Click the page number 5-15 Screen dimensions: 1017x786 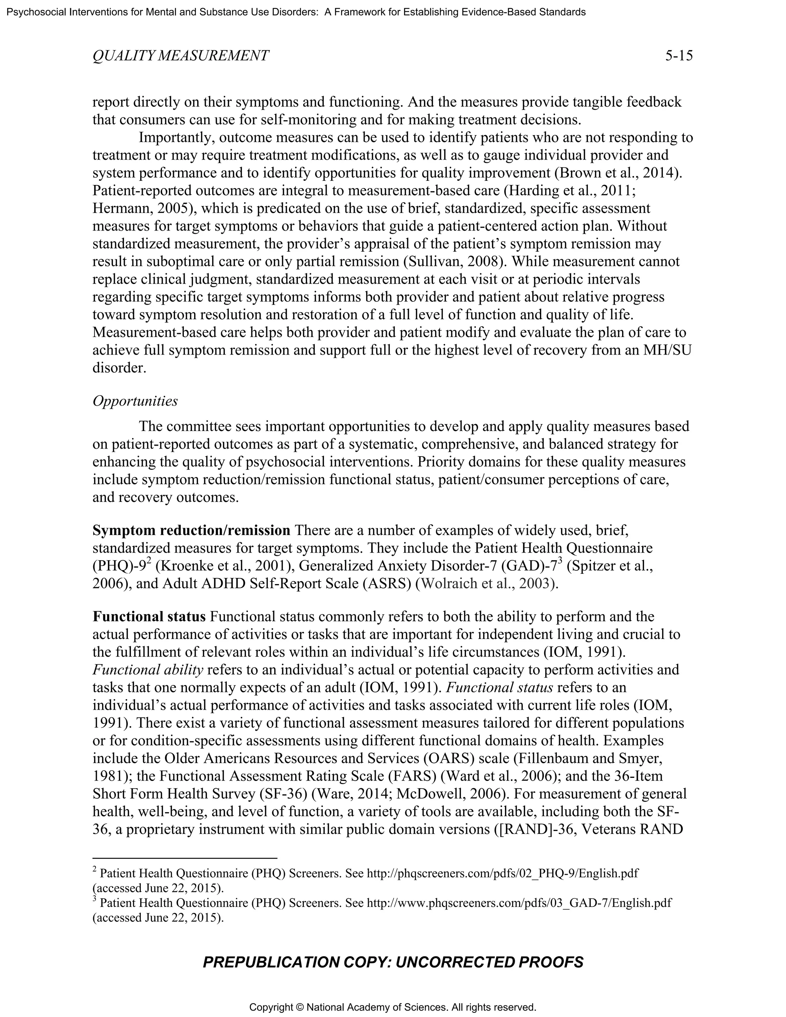click(679, 56)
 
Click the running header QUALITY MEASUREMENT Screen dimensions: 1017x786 click(180, 56)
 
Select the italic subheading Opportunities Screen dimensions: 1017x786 click(135, 401)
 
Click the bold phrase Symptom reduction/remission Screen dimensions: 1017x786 click(192, 530)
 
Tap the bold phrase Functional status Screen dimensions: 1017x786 click(149, 617)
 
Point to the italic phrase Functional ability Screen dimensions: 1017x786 click(148, 670)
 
